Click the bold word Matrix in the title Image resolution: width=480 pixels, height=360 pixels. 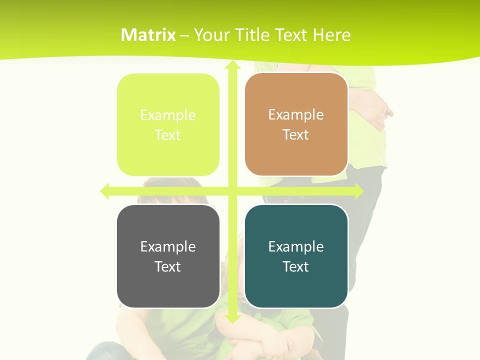(x=148, y=35)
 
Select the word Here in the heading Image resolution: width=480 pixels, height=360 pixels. (x=332, y=35)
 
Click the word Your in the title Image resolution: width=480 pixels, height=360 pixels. (x=211, y=35)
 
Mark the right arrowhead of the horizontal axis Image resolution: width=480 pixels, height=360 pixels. (x=358, y=191)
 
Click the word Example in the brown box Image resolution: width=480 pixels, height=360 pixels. (x=296, y=114)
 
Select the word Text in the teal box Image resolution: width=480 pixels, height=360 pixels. (x=296, y=266)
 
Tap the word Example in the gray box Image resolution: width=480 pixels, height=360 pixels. (x=168, y=246)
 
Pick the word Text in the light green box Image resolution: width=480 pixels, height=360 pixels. (x=168, y=135)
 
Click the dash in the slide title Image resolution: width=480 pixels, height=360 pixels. (x=184, y=35)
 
